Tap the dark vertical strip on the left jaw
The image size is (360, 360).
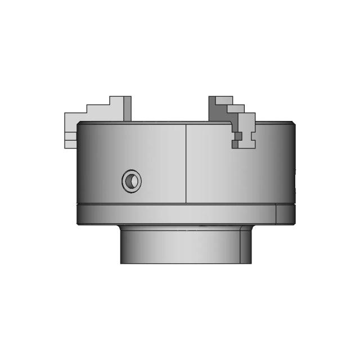click(127, 108)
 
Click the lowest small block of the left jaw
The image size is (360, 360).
click(70, 144)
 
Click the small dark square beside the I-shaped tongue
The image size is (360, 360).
click(238, 136)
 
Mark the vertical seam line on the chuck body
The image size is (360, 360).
click(186, 163)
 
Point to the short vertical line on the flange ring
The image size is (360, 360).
click(276, 214)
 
